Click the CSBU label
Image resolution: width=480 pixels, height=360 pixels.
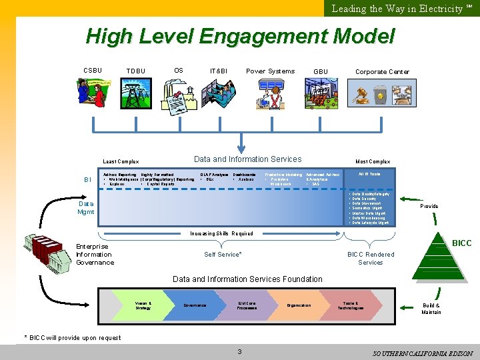click(x=93, y=71)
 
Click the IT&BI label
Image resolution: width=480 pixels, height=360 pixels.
click(x=218, y=71)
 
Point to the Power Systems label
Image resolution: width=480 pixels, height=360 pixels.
click(x=270, y=71)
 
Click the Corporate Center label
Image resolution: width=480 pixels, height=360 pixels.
click(x=382, y=72)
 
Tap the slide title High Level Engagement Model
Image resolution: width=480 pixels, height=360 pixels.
click(x=240, y=36)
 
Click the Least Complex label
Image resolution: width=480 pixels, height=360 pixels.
click(x=121, y=161)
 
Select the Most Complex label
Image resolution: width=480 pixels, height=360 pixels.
click(x=373, y=161)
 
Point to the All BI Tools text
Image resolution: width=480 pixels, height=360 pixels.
click(x=369, y=174)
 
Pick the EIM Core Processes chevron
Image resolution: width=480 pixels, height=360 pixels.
click(x=247, y=305)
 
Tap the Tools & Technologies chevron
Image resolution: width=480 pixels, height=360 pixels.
click(x=350, y=305)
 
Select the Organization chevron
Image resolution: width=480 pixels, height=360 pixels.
click(x=298, y=305)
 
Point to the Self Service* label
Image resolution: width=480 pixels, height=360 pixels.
click(x=223, y=255)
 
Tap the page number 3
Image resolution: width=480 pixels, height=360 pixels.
click(x=239, y=351)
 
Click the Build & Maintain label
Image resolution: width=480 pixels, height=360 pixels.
click(x=431, y=309)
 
